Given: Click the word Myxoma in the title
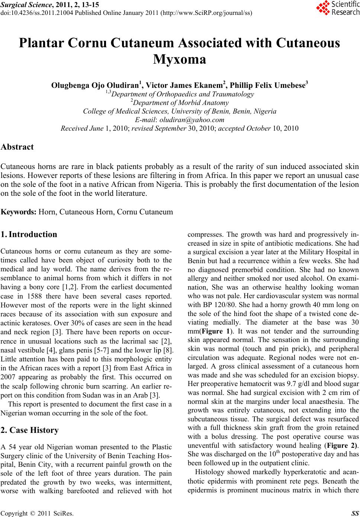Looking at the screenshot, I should (x=180, y=59).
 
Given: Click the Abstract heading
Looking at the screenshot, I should (x=17, y=147).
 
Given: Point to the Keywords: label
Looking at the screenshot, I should (x=19, y=212).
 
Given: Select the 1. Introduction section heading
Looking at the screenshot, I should (x=29, y=234).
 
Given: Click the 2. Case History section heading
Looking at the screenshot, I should (x=30, y=430).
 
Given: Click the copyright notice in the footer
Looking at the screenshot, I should (x=37, y=513).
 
